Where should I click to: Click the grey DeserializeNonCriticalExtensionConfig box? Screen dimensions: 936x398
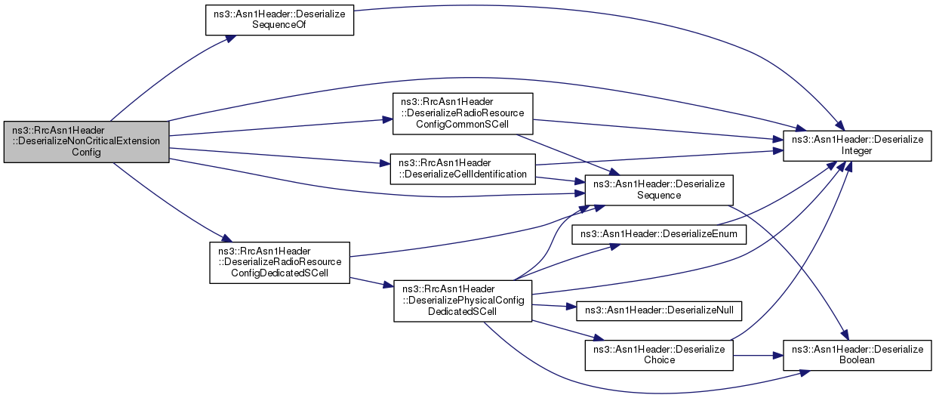point(87,142)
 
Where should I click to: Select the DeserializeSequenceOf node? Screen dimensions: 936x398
point(279,20)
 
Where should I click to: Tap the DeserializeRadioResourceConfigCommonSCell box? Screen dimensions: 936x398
point(463,114)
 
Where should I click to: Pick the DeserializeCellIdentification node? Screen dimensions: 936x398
point(463,169)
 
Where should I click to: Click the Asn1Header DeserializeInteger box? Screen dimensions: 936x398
point(857,146)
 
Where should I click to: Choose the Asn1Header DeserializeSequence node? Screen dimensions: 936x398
point(659,190)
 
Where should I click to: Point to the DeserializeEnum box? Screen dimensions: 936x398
point(659,235)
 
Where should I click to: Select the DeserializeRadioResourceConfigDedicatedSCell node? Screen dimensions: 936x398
point(279,263)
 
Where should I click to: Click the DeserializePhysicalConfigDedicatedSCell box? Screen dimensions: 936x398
point(463,301)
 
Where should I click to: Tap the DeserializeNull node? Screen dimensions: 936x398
point(659,311)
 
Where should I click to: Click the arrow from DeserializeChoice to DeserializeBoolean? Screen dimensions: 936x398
point(758,356)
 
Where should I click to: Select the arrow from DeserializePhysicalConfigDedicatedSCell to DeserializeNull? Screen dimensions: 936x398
point(554,306)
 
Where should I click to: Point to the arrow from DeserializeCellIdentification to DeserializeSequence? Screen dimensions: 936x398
point(560,180)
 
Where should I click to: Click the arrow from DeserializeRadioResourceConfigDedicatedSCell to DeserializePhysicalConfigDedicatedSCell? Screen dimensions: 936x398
point(372,282)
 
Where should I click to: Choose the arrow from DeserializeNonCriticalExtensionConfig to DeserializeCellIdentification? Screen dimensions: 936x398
point(279,156)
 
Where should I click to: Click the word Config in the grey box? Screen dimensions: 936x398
point(86,153)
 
